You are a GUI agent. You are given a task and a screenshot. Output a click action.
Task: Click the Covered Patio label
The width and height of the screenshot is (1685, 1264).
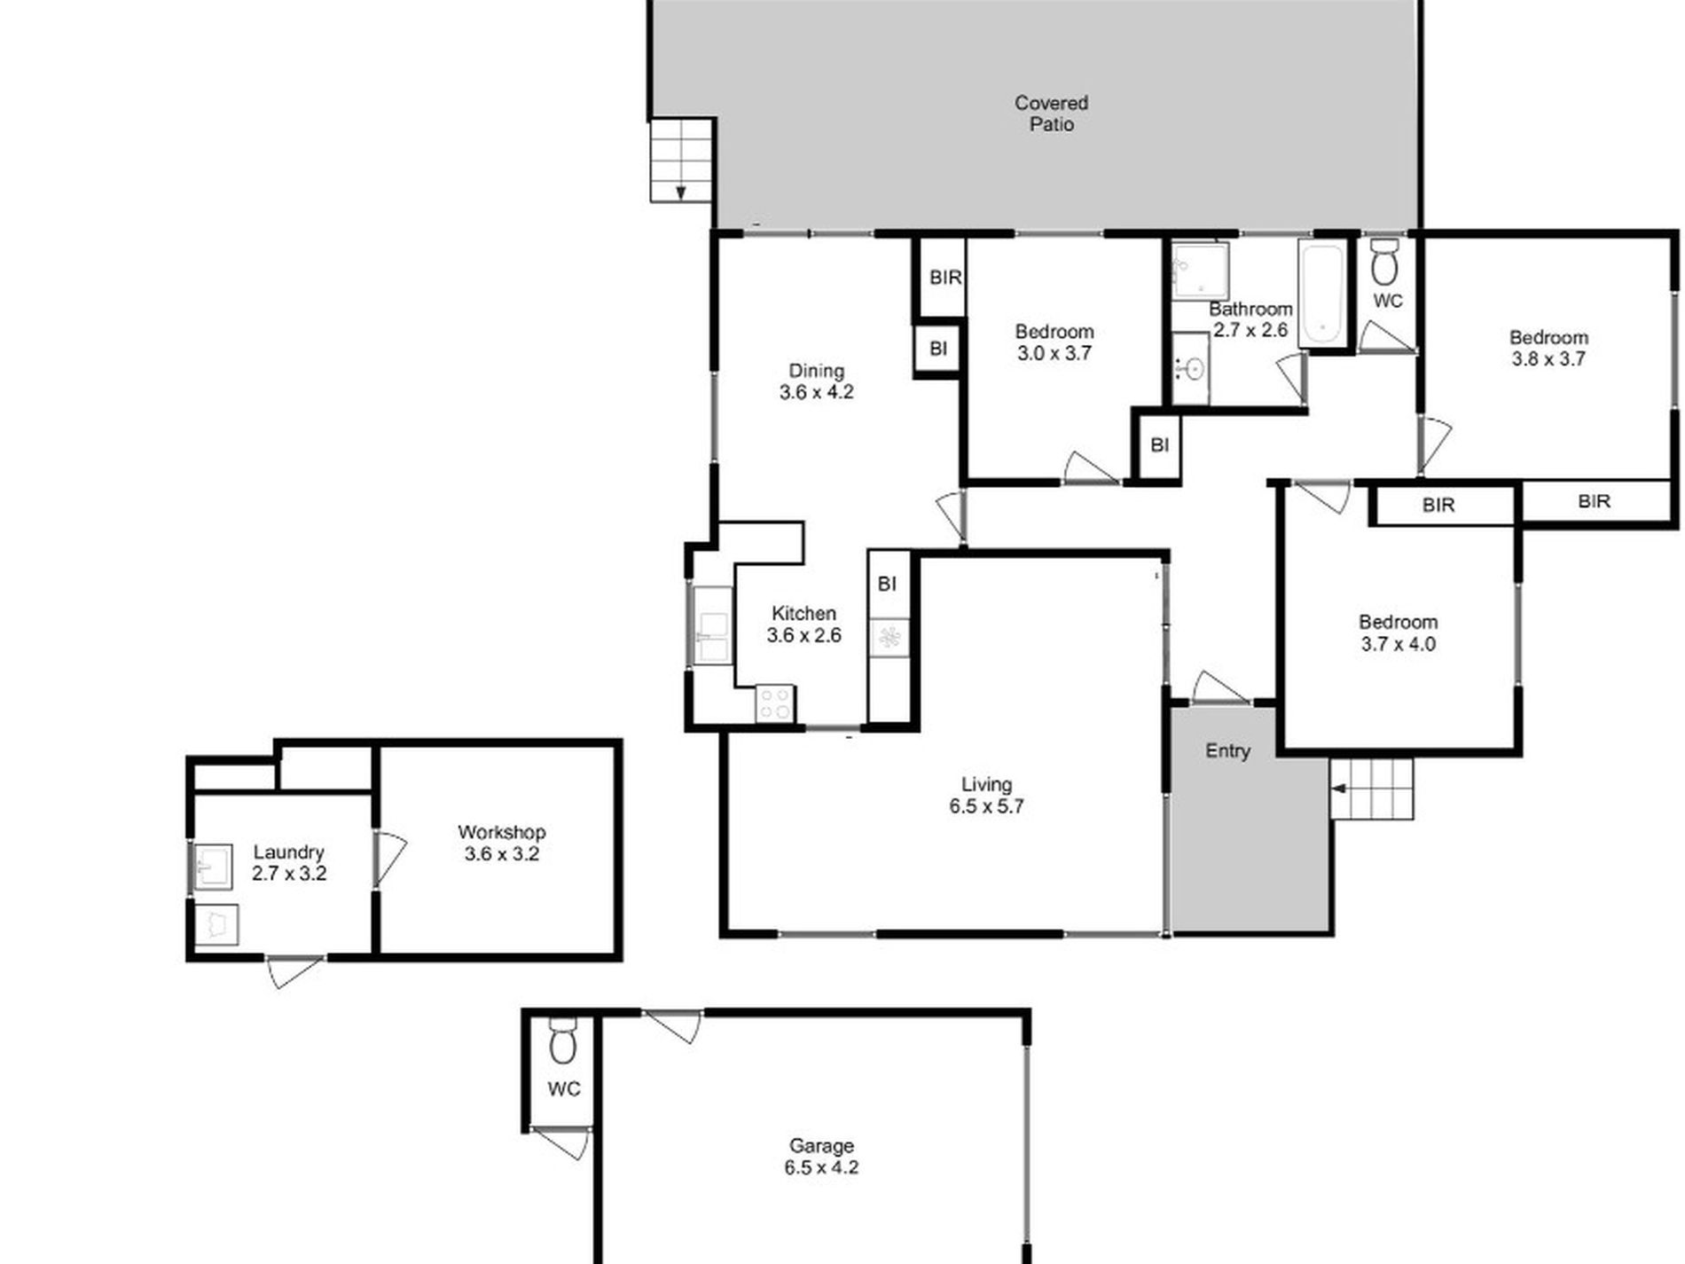(x=1051, y=114)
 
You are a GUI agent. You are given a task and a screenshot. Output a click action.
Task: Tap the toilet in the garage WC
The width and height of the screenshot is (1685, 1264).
(x=563, y=1043)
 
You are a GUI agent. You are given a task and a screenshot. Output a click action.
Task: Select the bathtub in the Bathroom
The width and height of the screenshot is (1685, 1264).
(x=1321, y=293)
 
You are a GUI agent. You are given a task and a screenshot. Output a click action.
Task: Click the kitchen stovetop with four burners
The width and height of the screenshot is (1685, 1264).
(x=774, y=704)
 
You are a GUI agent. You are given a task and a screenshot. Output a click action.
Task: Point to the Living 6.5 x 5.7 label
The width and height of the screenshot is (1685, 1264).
(x=986, y=795)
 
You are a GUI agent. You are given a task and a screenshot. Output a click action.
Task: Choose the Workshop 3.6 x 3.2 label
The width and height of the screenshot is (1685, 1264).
(x=501, y=843)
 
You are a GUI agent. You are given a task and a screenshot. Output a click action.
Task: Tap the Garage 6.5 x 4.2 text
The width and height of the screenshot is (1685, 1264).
(x=821, y=1156)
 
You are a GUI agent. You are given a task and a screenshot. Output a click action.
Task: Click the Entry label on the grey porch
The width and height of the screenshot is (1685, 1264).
(x=1227, y=750)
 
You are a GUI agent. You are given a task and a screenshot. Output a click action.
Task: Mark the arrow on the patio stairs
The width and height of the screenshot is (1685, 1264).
(x=681, y=191)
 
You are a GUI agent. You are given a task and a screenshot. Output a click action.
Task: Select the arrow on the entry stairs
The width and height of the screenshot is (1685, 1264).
(x=1339, y=788)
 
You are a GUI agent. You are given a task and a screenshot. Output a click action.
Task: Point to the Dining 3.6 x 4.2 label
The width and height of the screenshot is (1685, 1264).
(x=816, y=381)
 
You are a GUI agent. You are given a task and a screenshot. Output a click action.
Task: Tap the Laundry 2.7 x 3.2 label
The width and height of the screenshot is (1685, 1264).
(x=289, y=862)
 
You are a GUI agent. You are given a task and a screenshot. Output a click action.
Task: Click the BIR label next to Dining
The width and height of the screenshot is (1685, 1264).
(x=944, y=278)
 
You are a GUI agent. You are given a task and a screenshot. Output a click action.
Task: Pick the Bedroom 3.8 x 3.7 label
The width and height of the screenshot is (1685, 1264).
(x=1548, y=348)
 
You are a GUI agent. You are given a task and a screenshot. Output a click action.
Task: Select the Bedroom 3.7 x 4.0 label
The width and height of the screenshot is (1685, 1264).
(x=1398, y=632)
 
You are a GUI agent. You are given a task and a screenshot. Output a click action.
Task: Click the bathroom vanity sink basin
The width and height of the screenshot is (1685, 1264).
(x=1193, y=367)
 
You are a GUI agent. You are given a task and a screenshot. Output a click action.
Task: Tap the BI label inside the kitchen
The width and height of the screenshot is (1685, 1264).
(x=887, y=584)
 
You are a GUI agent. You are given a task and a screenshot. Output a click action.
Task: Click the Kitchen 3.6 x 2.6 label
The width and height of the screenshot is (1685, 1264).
(x=803, y=624)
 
